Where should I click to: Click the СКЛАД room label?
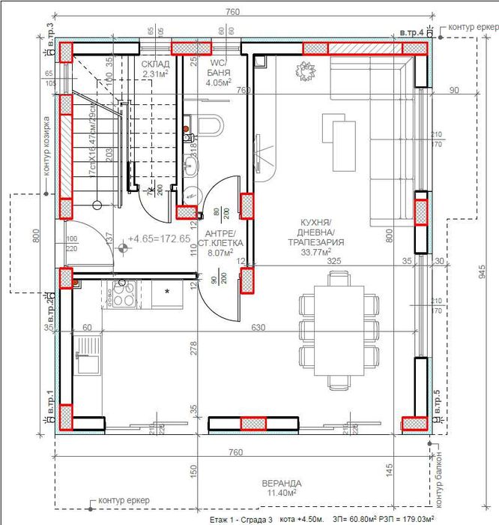(x=155, y=65)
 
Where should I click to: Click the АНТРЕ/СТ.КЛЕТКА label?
(x=217, y=243)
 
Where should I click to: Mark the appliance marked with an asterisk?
(x=166, y=292)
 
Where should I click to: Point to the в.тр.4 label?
(x=411, y=33)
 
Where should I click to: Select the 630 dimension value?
(x=258, y=328)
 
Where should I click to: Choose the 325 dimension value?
(x=334, y=262)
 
